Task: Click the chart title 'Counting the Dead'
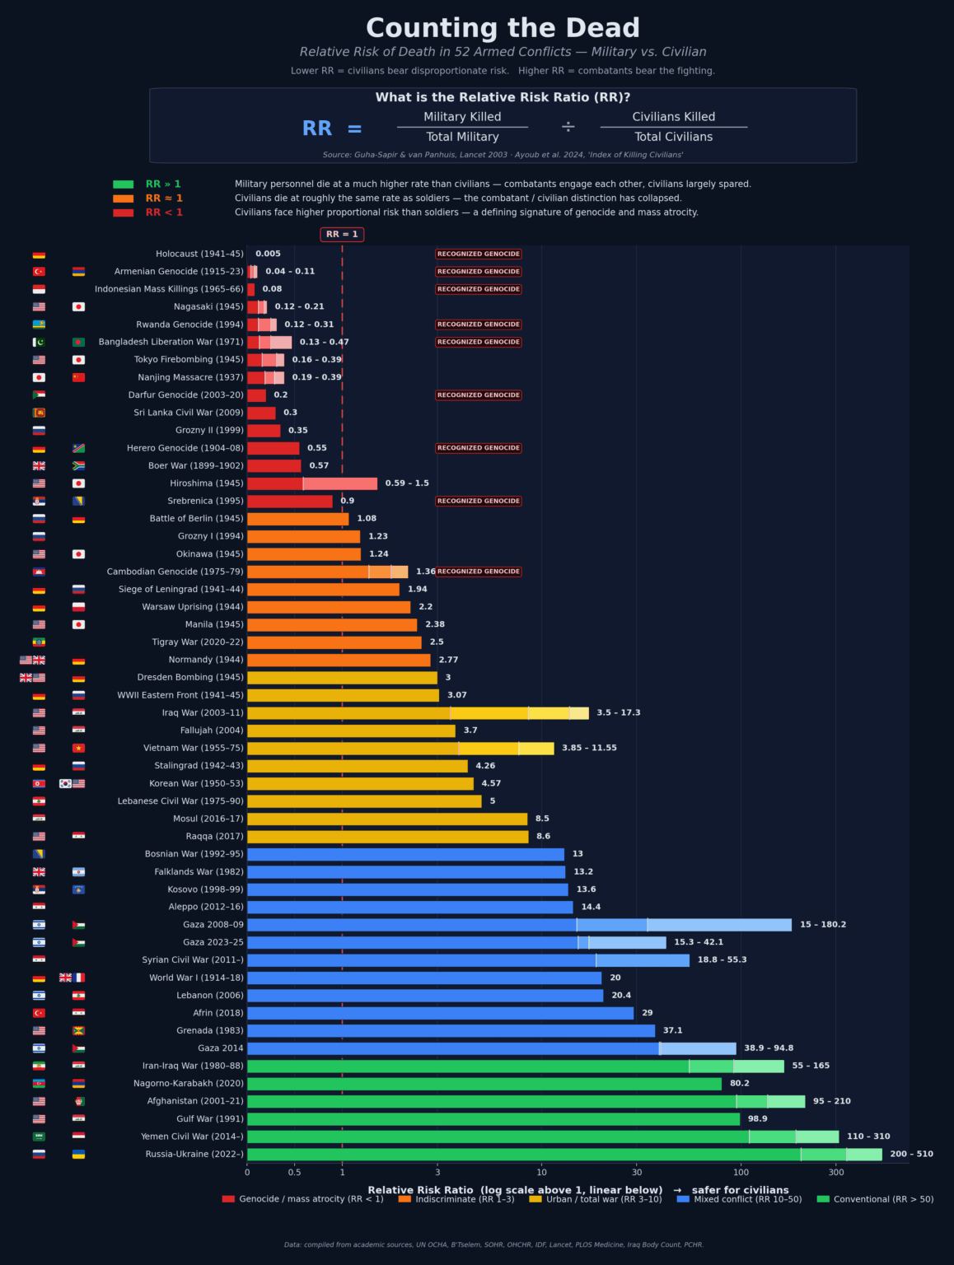tap(503, 28)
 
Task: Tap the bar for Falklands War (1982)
tap(405, 872)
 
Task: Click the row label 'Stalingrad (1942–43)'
tap(199, 766)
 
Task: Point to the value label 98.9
tap(757, 1119)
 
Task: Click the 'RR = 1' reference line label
tap(342, 235)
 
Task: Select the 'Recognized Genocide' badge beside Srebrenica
tap(478, 501)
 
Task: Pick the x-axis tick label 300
tap(836, 1173)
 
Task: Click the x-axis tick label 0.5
tap(294, 1173)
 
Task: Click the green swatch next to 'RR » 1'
tap(123, 184)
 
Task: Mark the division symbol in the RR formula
tap(568, 127)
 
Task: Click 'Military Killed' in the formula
tap(462, 117)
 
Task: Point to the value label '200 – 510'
tap(911, 1155)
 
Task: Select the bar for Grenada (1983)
tap(451, 1031)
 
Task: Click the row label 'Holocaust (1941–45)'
tap(199, 254)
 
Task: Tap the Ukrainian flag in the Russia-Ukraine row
tap(78, 1155)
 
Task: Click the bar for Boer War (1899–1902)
tap(274, 466)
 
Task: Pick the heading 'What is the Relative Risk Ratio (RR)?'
tap(503, 97)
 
